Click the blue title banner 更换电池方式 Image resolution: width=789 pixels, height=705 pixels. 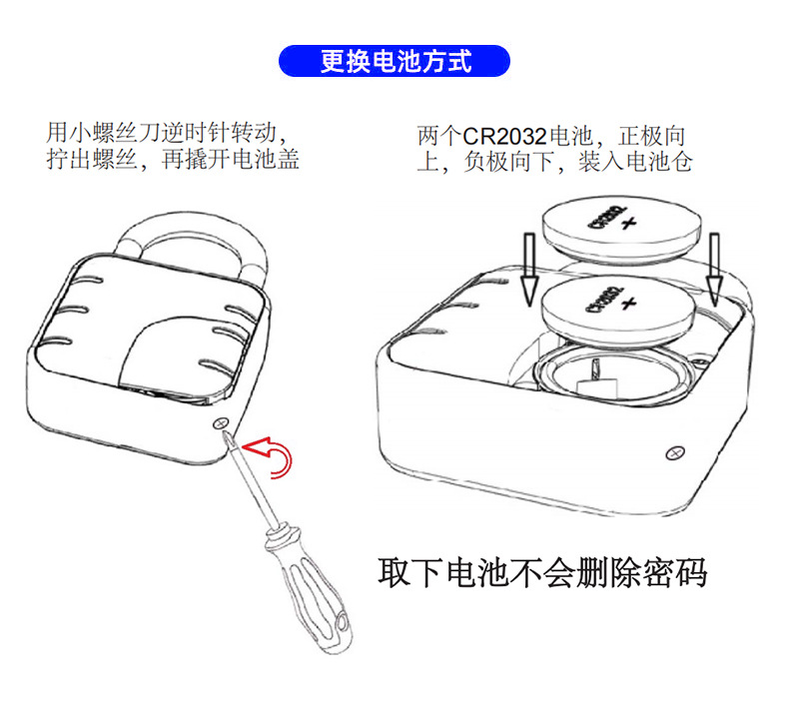394,61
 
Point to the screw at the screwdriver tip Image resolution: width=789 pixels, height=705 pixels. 222,423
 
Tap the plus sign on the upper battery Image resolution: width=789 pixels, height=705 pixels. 627,227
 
